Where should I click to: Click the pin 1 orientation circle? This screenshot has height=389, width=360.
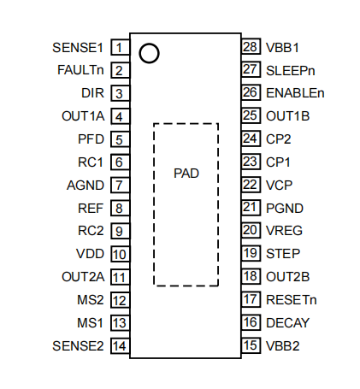pos(149,45)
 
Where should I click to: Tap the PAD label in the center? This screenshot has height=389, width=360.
pos(186,174)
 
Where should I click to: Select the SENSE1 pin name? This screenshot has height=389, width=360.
pos(78,48)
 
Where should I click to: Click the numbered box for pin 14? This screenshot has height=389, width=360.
pos(120,346)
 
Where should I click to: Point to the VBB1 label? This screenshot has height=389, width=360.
pos(282,48)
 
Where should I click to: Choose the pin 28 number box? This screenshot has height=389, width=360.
pos(251,46)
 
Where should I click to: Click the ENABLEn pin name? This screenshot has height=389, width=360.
pos(295,93)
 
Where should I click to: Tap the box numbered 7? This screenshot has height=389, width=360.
pos(120,185)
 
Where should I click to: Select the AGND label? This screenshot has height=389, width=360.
pos(86,186)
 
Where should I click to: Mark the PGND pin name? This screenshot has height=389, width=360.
pos(285,208)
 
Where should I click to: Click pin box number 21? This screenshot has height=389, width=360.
pos(251,208)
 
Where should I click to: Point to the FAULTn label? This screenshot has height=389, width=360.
pos(80,70)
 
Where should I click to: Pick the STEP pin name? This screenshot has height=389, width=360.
pos(283,254)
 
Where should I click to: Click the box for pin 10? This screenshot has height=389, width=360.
pos(120,254)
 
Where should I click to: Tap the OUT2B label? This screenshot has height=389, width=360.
pos(287,277)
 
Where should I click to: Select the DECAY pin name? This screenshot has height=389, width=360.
pos(287,323)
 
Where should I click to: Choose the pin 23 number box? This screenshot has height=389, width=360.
pos(251,162)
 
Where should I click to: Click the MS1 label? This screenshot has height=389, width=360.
pos(90,323)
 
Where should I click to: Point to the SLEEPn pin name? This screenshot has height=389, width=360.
pos(291,71)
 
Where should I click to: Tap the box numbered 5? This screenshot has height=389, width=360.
pos(120,139)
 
